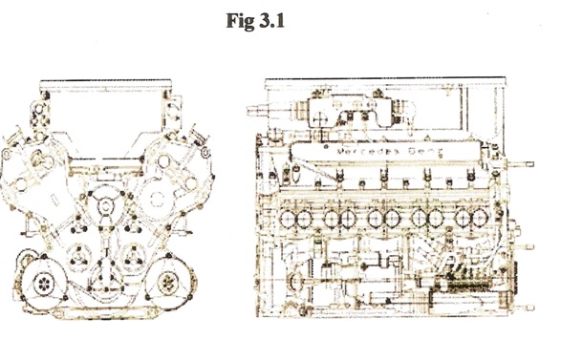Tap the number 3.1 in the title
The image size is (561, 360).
coord(271,21)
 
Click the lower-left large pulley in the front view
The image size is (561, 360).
coord(44,284)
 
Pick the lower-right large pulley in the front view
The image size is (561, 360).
coord(168,284)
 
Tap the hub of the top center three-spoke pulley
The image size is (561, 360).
coord(105,206)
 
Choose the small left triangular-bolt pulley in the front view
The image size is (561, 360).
coord(78,256)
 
